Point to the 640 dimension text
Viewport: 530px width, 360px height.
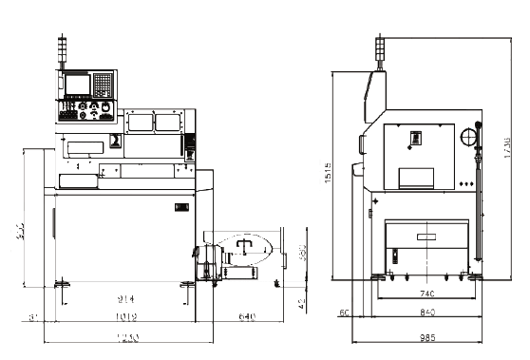(x=247, y=315)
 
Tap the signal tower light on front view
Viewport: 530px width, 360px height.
(x=65, y=53)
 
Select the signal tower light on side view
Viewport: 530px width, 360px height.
(x=381, y=52)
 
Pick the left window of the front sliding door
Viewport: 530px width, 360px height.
(x=139, y=121)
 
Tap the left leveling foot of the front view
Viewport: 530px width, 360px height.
(x=63, y=283)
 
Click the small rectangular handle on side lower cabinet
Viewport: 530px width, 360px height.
(x=394, y=256)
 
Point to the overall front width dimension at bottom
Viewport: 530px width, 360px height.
(x=123, y=339)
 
